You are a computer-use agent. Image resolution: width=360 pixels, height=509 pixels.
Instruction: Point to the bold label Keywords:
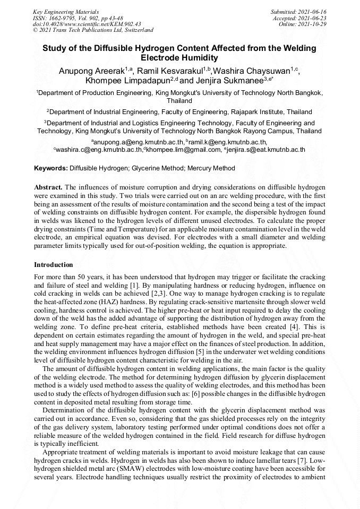click(50, 168)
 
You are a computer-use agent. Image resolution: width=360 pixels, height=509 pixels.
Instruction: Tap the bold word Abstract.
click(48, 187)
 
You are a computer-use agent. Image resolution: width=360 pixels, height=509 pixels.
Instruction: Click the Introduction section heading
click(54, 264)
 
